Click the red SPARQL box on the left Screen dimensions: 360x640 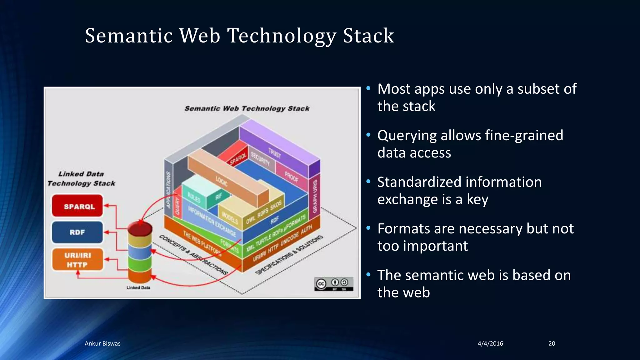click(x=77, y=206)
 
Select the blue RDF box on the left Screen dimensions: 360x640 click(x=77, y=232)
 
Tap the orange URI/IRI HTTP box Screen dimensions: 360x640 click(x=77, y=260)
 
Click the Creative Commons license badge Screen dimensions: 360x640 click(x=334, y=284)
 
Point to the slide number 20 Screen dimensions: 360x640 click(x=552, y=343)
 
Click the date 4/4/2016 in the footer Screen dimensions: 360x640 click(x=490, y=343)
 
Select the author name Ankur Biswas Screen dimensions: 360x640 click(x=102, y=343)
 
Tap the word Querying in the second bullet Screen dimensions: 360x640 click(x=407, y=136)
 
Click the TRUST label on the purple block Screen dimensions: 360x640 click(x=275, y=153)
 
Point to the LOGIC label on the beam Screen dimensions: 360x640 click(x=222, y=181)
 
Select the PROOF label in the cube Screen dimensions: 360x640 click(x=291, y=177)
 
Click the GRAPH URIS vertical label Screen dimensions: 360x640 click(x=315, y=197)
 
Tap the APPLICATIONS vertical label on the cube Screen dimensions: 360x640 click(x=168, y=190)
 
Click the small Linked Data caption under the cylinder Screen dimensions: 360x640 click(x=138, y=287)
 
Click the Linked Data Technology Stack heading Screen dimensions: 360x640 click(x=81, y=178)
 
